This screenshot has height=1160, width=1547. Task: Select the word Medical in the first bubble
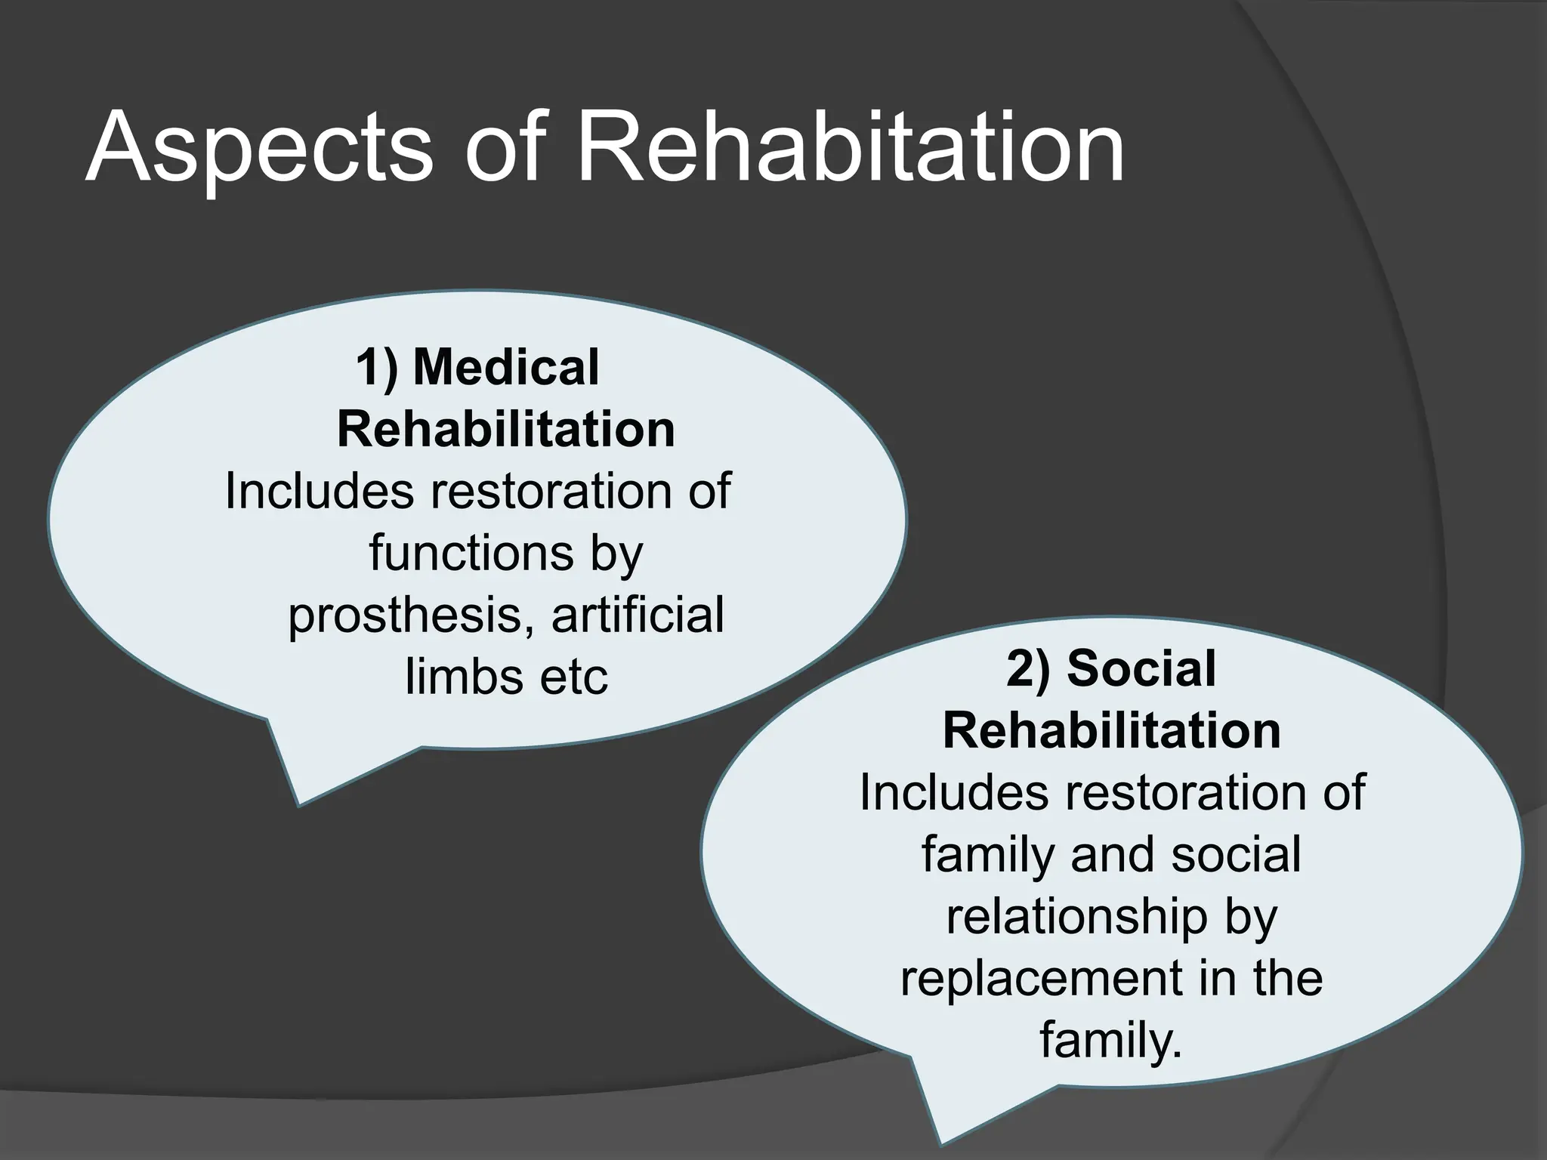506,368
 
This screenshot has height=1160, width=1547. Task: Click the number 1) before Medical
377,368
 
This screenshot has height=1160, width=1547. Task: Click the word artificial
638,614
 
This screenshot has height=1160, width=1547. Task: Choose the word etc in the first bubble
574,677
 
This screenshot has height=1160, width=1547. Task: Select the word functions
471,553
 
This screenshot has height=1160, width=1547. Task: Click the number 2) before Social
1028,669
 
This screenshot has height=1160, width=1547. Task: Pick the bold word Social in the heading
1141,669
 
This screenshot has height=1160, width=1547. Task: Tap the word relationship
1076,918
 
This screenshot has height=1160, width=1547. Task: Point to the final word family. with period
1110,1040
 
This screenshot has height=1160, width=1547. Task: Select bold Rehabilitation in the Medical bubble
505,430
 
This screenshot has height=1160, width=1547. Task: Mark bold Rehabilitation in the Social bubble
1112,731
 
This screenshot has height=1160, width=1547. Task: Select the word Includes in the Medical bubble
320,492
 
